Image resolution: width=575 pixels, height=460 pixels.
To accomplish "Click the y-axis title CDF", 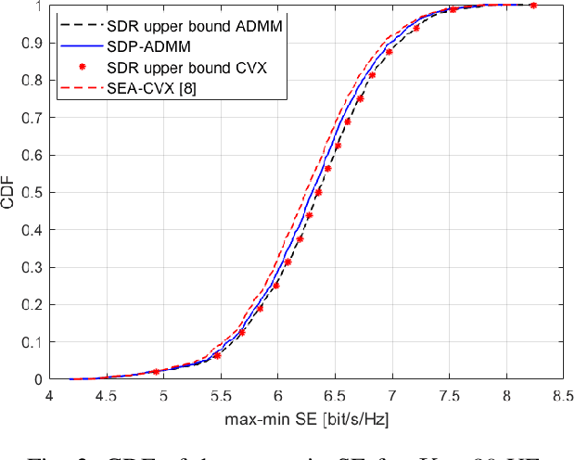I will click(11, 192).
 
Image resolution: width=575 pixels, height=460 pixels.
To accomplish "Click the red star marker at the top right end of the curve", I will click(532, 5).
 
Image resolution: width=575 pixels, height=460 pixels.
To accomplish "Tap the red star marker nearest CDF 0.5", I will click(318, 193).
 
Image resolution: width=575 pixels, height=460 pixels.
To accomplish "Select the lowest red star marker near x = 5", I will click(156, 372).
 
